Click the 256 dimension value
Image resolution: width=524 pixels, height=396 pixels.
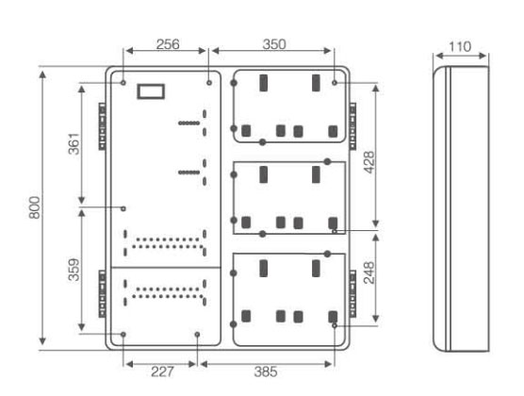168,44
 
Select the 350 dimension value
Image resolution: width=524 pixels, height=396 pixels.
274,44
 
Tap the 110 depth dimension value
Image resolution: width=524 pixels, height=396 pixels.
460,47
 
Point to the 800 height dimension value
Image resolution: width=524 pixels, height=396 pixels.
35,207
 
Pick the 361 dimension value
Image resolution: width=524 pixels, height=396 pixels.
74,144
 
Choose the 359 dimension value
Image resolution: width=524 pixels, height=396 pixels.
74,270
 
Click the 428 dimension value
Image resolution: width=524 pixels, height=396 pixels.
369,162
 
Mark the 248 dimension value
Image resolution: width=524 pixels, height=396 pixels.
369,272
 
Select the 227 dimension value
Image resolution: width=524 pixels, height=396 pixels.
162,371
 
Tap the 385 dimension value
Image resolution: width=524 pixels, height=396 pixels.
266,371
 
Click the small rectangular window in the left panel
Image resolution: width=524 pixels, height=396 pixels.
151,91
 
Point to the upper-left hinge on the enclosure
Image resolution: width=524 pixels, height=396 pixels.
103,126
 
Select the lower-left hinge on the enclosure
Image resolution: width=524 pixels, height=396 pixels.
103,294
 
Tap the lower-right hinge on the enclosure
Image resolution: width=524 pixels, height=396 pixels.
352,294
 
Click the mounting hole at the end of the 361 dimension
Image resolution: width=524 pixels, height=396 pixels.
123,208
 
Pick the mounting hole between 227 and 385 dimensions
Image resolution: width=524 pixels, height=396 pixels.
197,335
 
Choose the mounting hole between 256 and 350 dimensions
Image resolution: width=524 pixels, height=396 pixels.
209,83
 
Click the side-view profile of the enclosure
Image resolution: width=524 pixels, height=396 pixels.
461,208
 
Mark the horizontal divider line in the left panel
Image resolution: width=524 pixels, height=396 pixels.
166,268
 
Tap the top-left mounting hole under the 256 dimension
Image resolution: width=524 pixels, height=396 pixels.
123,82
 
